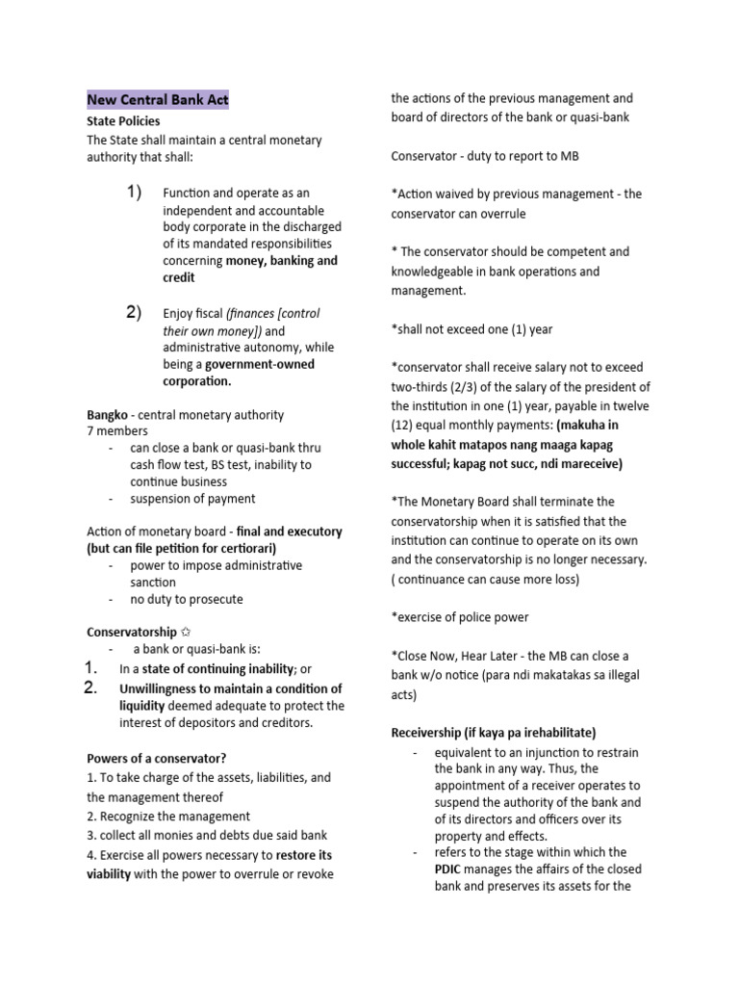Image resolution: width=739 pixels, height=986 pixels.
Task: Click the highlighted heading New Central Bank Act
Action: point(158,100)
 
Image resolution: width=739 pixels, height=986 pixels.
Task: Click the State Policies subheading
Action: point(123,122)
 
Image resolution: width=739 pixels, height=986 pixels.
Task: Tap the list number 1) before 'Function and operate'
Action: point(134,193)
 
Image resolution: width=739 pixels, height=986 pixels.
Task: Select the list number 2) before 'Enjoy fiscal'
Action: point(134,312)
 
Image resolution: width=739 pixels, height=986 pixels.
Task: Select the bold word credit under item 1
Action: point(179,277)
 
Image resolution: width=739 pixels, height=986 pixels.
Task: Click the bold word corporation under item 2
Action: point(196,381)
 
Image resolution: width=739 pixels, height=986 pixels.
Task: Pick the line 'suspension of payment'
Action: point(192,499)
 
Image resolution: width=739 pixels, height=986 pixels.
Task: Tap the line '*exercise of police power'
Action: point(460,617)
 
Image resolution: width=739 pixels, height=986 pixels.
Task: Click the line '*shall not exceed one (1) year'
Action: point(471,329)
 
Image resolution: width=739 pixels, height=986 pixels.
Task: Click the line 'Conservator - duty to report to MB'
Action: point(485,156)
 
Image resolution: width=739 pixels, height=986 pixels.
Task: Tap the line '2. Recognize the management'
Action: point(168,817)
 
